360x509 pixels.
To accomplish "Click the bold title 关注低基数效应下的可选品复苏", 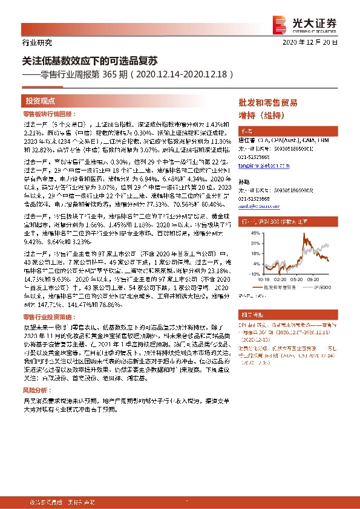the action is pyautogui.click(x=90, y=62).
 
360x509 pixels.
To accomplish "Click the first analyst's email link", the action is pyautogui.click(x=257, y=166).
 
